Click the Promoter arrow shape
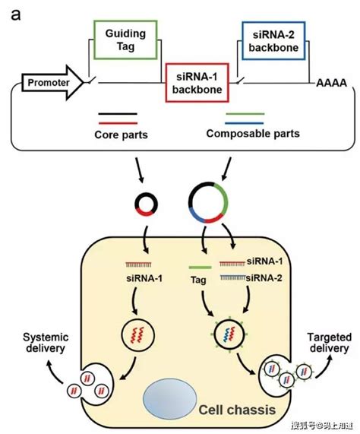click(x=52, y=83)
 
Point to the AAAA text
click(x=331, y=83)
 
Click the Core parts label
click(x=121, y=135)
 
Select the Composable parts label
click(x=253, y=134)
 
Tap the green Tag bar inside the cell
click(x=200, y=268)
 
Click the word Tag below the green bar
click(x=198, y=280)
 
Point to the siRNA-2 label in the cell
click(x=264, y=277)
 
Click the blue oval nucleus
click(x=170, y=398)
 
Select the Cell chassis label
click(x=237, y=410)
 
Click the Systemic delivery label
click(x=46, y=343)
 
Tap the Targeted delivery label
click(x=330, y=343)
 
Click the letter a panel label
click(x=15, y=14)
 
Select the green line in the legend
click(x=245, y=114)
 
